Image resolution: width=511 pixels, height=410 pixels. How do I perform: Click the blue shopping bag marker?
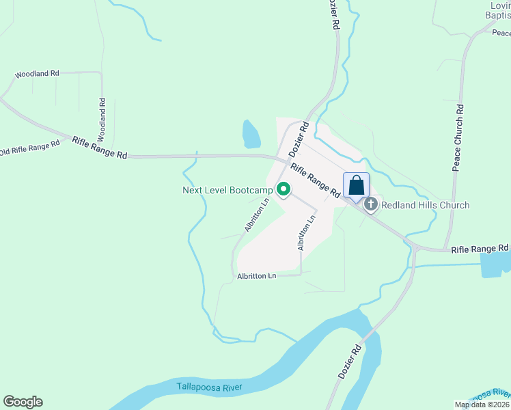pos(356,185)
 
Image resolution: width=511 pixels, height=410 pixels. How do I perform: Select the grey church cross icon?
pos(371,204)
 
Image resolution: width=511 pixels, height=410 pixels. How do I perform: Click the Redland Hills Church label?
pos(425,205)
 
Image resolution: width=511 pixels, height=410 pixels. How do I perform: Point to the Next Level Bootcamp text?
pos(227,190)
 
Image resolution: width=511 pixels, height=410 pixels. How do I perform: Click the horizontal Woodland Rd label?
pos(36,73)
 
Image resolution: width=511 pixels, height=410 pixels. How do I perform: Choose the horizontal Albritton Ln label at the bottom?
pos(256,276)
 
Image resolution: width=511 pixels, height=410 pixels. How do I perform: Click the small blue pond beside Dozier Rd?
pos(251,135)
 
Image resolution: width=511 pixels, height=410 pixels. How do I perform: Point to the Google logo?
pos(23,402)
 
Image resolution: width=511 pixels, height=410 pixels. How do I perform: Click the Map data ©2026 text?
pos(481,405)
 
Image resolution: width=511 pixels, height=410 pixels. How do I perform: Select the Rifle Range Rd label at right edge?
pos(480,248)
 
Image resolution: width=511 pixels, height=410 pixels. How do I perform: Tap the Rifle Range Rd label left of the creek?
pos(100,147)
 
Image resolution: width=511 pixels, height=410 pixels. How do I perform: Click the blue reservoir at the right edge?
pos(495,264)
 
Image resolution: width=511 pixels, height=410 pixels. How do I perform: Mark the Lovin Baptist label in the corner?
pos(498,10)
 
